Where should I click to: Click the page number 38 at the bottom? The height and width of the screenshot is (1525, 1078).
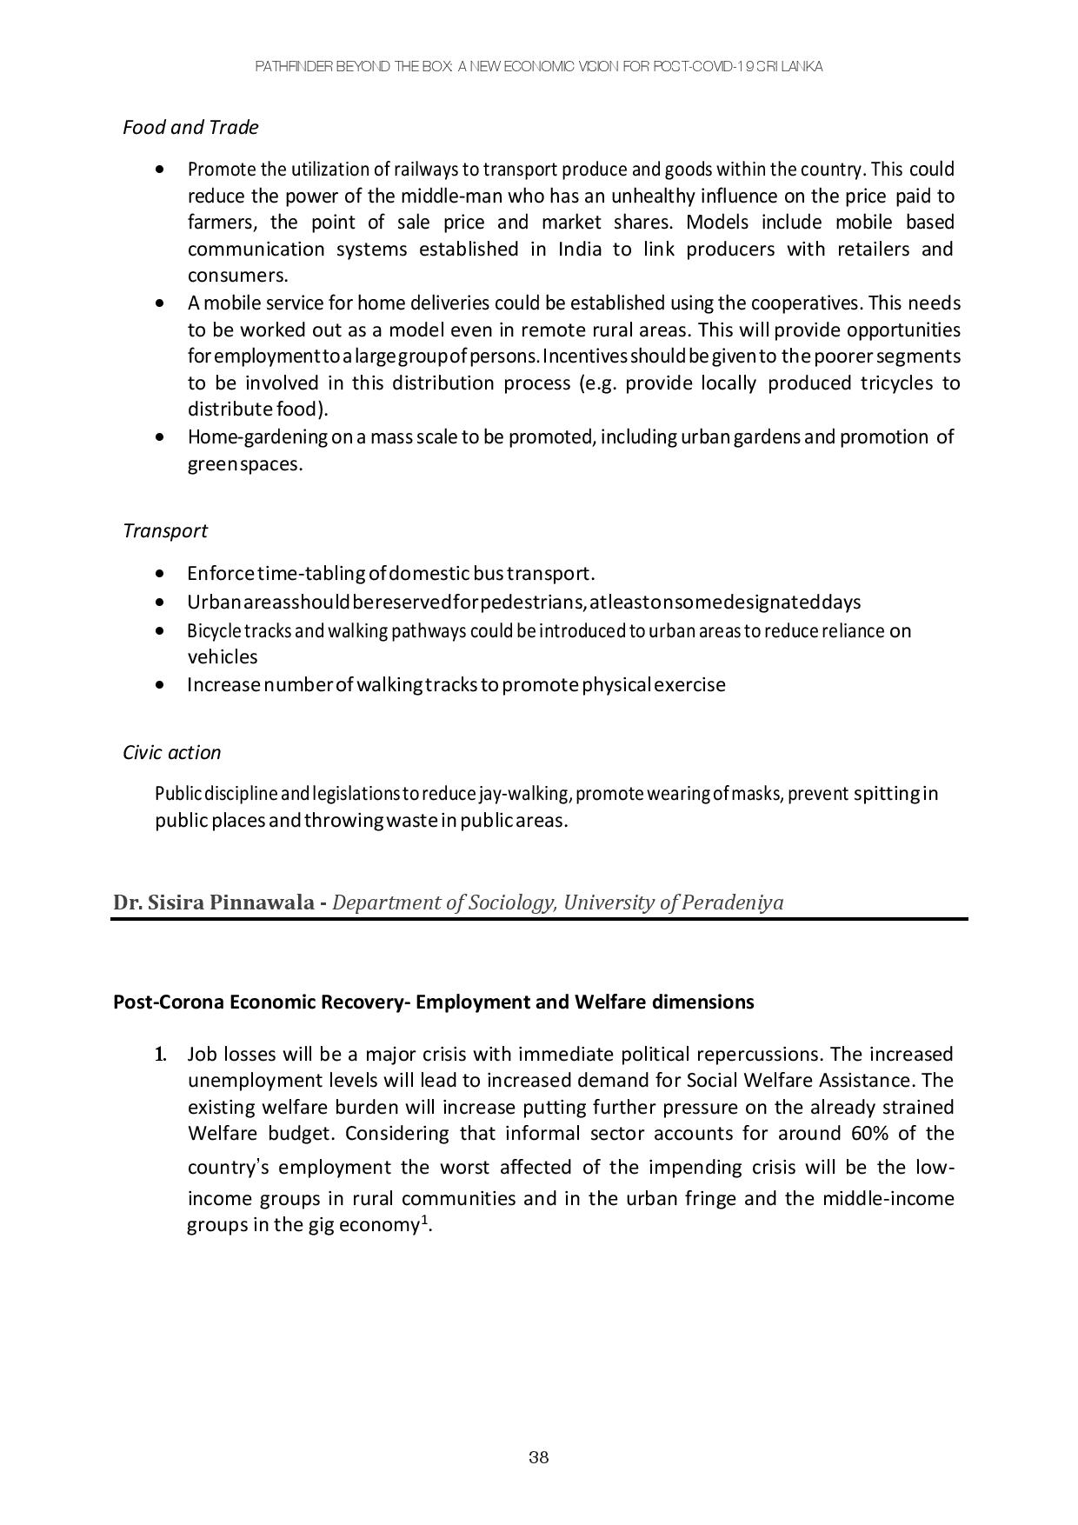[x=538, y=1458]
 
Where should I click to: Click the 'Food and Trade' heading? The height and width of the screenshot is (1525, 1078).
[x=190, y=127]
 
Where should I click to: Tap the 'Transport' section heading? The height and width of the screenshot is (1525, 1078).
[x=165, y=530]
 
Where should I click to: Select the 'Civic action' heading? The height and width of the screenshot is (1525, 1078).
[x=171, y=752]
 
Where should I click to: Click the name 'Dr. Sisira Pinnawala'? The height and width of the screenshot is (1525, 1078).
[x=214, y=902]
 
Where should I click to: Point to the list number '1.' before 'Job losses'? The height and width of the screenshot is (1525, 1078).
[x=161, y=1055]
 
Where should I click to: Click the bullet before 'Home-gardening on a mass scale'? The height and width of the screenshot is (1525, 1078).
[x=159, y=437]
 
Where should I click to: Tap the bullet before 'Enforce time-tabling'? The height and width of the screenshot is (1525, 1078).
[x=159, y=574]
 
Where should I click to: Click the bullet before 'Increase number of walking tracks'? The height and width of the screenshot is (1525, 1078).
[x=159, y=685]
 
